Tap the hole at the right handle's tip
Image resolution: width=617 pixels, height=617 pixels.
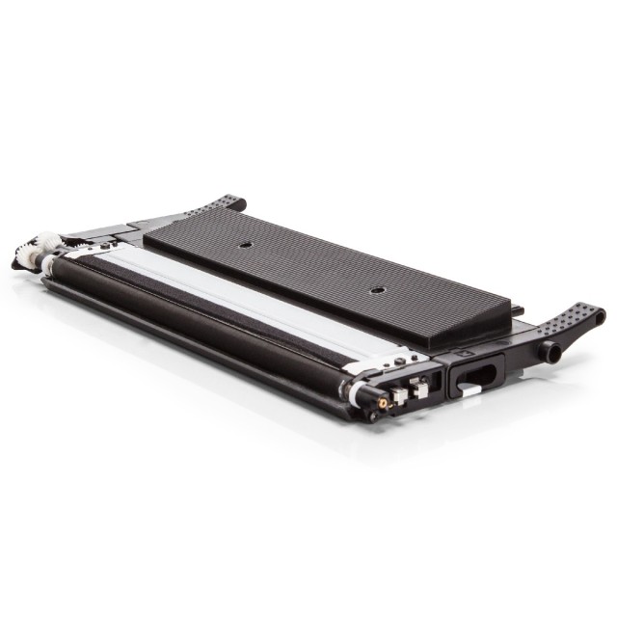[600, 314]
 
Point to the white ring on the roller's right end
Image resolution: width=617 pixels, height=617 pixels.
[358, 391]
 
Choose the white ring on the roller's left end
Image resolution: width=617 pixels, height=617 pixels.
[48, 261]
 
